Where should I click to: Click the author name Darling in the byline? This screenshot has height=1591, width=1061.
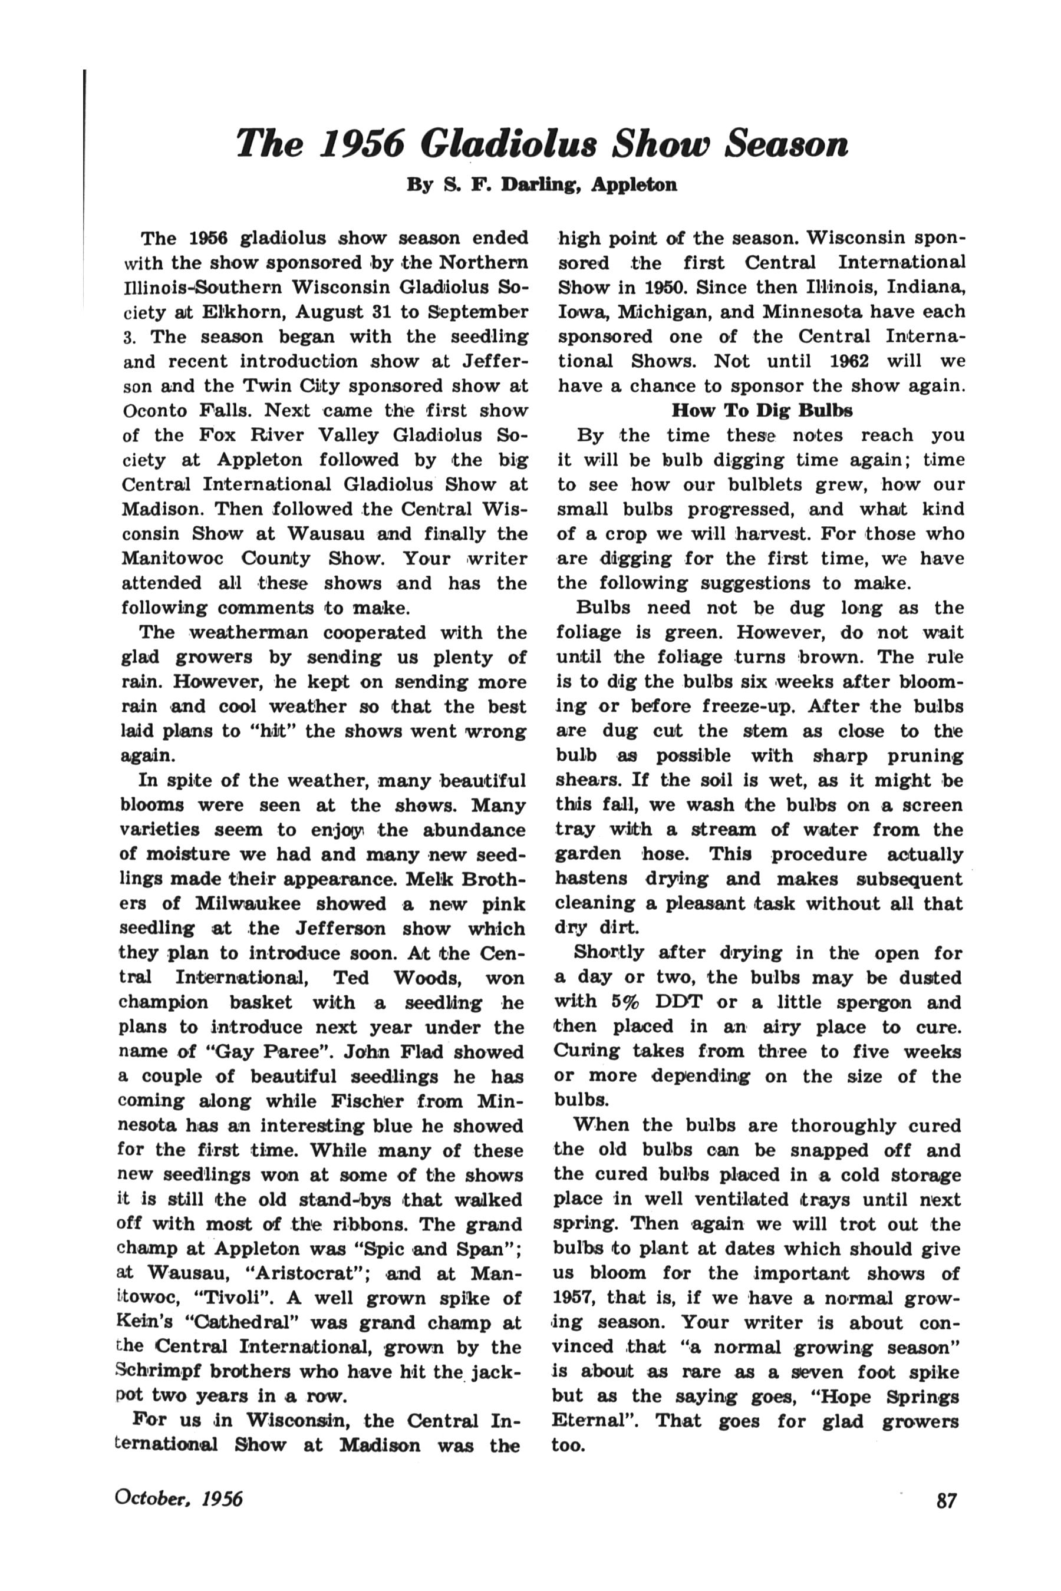coord(540,184)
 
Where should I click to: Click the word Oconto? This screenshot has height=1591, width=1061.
coord(151,411)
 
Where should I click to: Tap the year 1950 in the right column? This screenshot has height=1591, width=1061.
coord(663,288)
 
